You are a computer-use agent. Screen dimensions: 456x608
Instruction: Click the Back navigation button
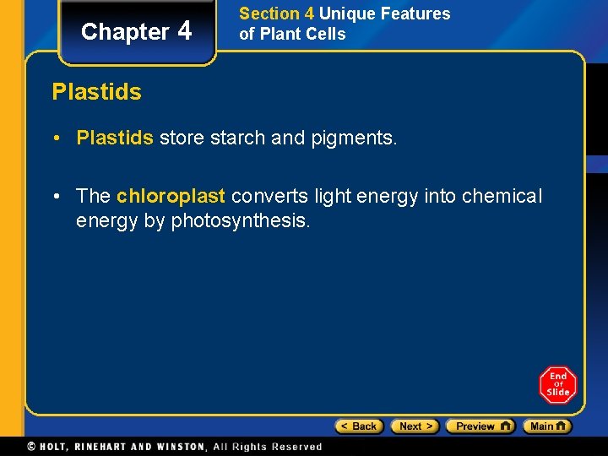point(359,426)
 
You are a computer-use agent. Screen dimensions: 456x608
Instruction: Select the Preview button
point(480,426)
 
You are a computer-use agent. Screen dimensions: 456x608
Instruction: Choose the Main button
point(547,426)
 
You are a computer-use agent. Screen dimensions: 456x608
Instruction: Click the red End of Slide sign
point(557,384)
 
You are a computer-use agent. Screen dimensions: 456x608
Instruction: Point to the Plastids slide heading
point(96,91)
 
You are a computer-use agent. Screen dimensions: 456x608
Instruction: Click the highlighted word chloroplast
point(171,196)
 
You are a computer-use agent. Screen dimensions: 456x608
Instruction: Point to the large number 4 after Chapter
point(185,30)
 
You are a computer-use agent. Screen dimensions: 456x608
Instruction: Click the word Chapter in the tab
point(125,32)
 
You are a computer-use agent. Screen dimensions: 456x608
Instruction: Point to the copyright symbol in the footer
point(31,446)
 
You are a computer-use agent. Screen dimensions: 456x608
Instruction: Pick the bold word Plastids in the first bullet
point(115,138)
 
